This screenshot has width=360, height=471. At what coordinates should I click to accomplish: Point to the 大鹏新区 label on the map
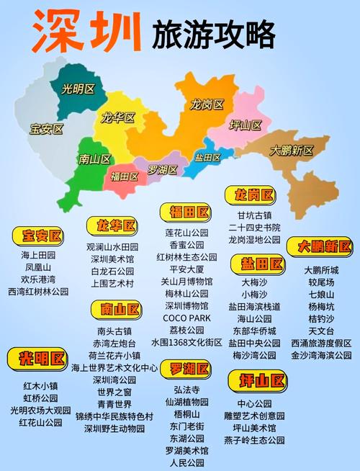tap(291, 151)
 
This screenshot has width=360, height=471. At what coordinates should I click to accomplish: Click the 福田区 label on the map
tap(124, 176)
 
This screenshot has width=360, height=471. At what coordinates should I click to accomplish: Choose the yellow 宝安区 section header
tap(37, 235)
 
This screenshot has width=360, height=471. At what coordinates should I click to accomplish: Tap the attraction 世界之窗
tap(114, 392)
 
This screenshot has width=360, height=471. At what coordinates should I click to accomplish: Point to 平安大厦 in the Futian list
tap(186, 269)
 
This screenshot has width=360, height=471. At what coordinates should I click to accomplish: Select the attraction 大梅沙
tap(254, 282)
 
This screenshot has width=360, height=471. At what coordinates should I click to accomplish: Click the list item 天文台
tap(320, 331)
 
